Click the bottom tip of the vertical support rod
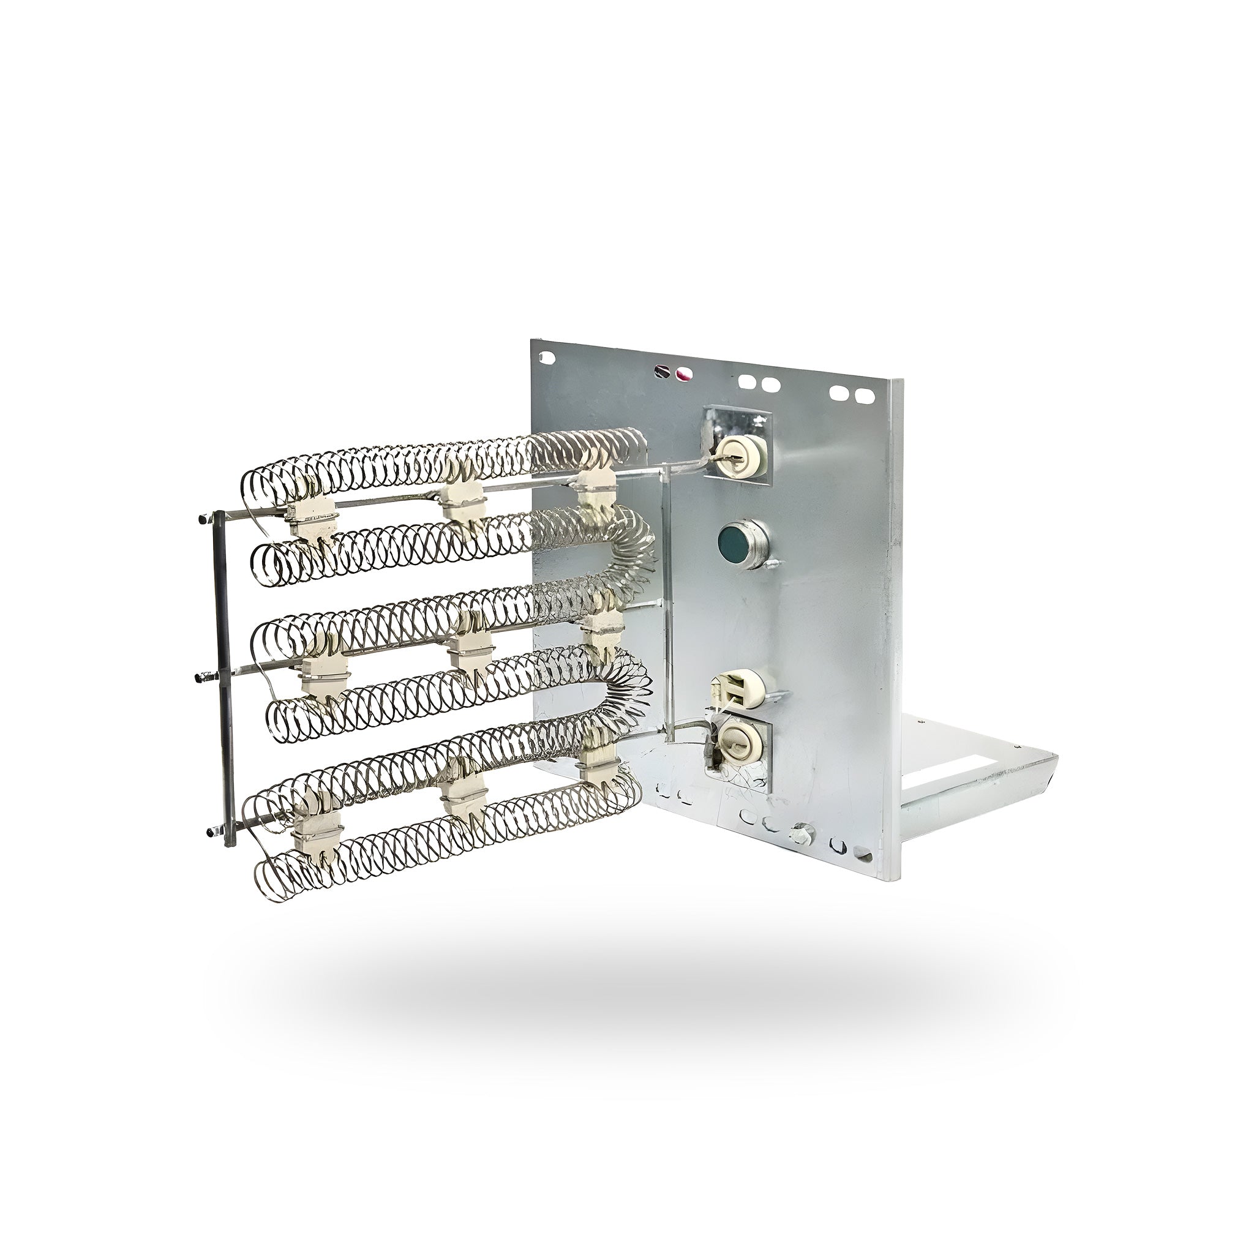click(x=228, y=843)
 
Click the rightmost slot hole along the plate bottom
click(x=863, y=852)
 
